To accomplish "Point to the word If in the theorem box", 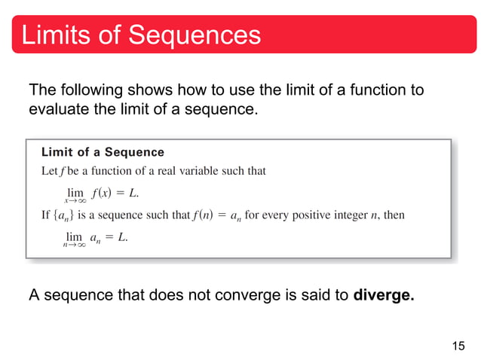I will click(x=45, y=215).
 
